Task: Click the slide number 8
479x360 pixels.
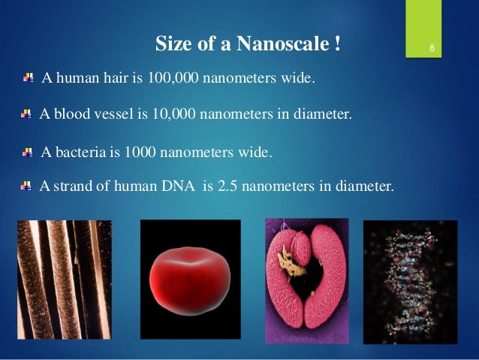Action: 432,50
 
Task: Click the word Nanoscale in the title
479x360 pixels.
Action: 281,44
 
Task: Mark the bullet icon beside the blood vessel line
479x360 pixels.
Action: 26,114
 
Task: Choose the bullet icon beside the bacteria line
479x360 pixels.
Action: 28,152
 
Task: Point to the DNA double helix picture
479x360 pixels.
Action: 410,280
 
